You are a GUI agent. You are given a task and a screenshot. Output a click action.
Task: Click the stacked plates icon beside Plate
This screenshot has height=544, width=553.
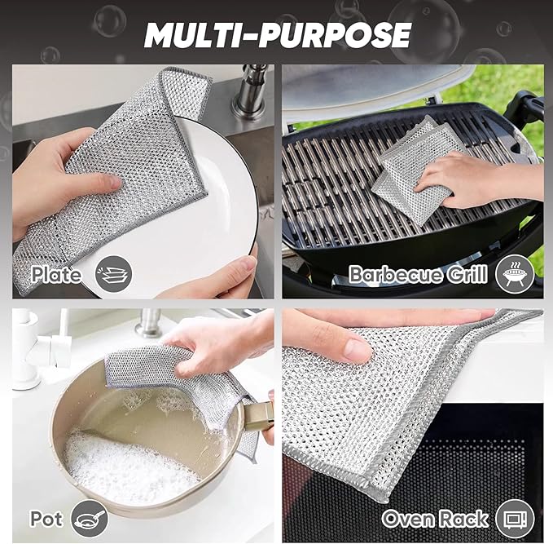[112, 273]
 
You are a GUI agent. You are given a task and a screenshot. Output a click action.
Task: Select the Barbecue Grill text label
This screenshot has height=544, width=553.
[418, 274]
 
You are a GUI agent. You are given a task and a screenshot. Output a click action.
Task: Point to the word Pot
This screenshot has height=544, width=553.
[46, 518]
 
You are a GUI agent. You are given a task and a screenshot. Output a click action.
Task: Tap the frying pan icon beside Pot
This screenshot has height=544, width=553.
[89, 518]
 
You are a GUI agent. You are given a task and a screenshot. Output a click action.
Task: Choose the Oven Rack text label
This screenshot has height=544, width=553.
[435, 518]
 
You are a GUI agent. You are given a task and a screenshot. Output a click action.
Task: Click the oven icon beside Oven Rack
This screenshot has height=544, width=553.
[515, 518]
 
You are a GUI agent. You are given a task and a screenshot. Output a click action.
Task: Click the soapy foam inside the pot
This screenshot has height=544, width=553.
[122, 465]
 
